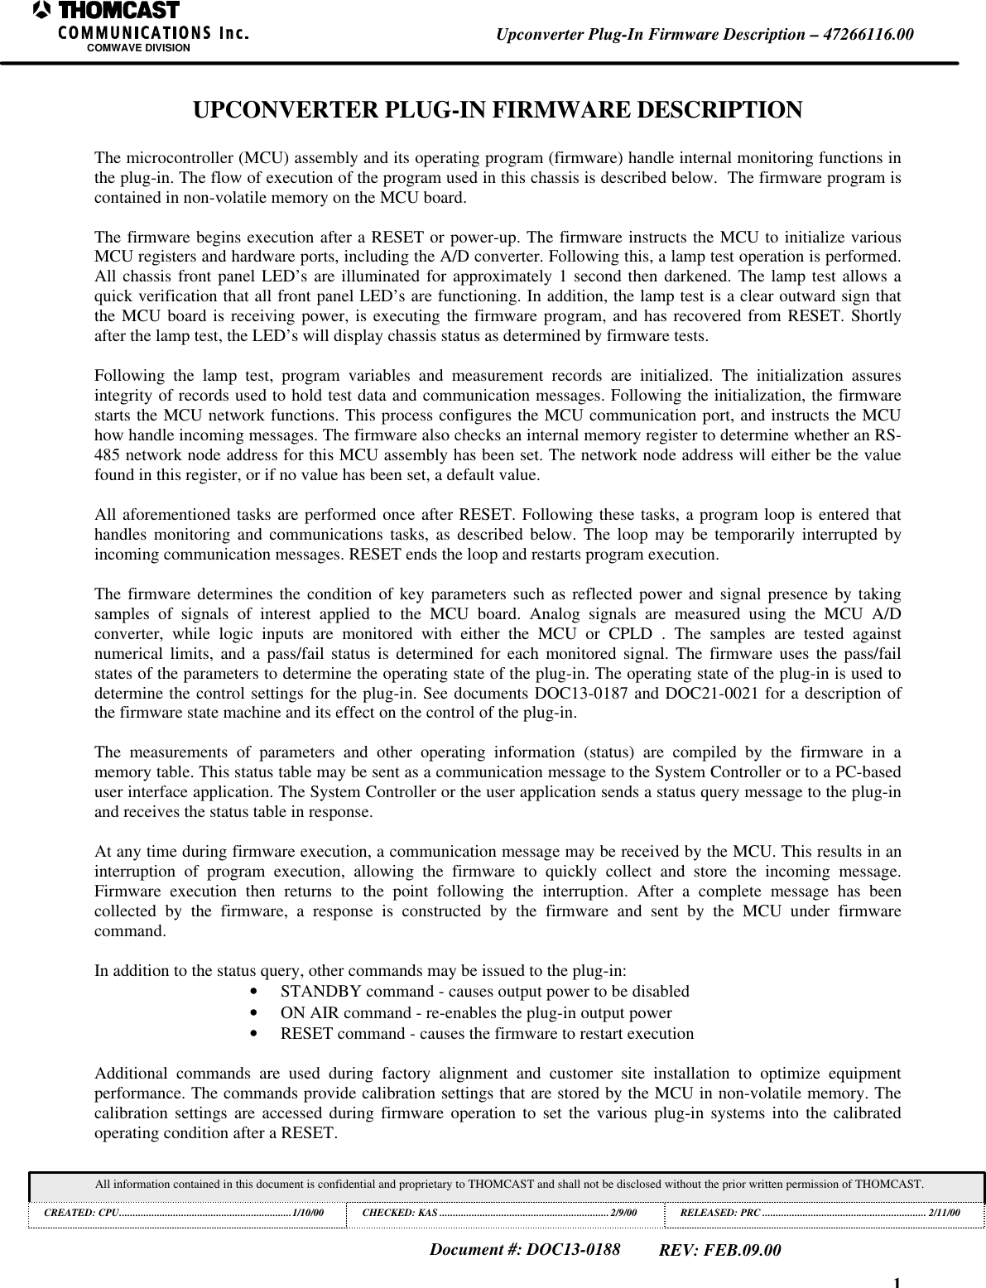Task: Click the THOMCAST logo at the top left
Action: (106, 12)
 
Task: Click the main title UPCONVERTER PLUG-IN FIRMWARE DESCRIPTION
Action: (497, 110)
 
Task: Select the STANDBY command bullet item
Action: (484, 992)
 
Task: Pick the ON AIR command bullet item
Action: (476, 1012)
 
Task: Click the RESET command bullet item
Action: (487, 1033)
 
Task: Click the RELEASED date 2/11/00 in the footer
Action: (945, 1213)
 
